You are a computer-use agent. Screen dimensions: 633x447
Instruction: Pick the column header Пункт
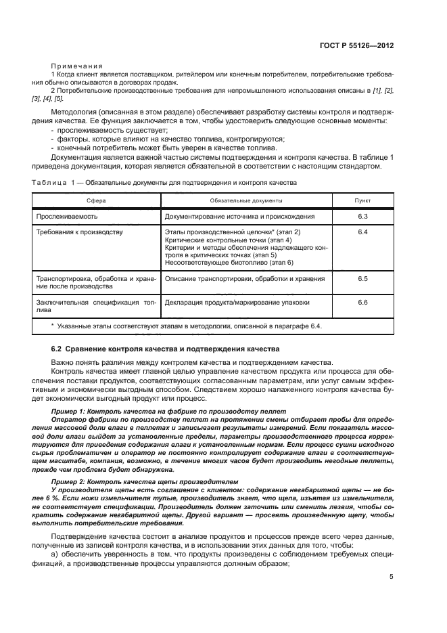point(362,200)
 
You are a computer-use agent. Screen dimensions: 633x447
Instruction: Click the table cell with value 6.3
point(362,217)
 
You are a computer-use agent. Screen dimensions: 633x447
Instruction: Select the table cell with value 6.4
point(362,232)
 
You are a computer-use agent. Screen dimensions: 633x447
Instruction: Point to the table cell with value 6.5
point(362,278)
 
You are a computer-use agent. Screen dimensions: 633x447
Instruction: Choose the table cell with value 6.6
point(362,302)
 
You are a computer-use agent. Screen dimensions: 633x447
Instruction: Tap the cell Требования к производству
point(78,232)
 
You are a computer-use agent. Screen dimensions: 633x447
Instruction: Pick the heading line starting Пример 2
point(145,480)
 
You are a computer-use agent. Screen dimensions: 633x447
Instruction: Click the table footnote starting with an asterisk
point(187,326)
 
